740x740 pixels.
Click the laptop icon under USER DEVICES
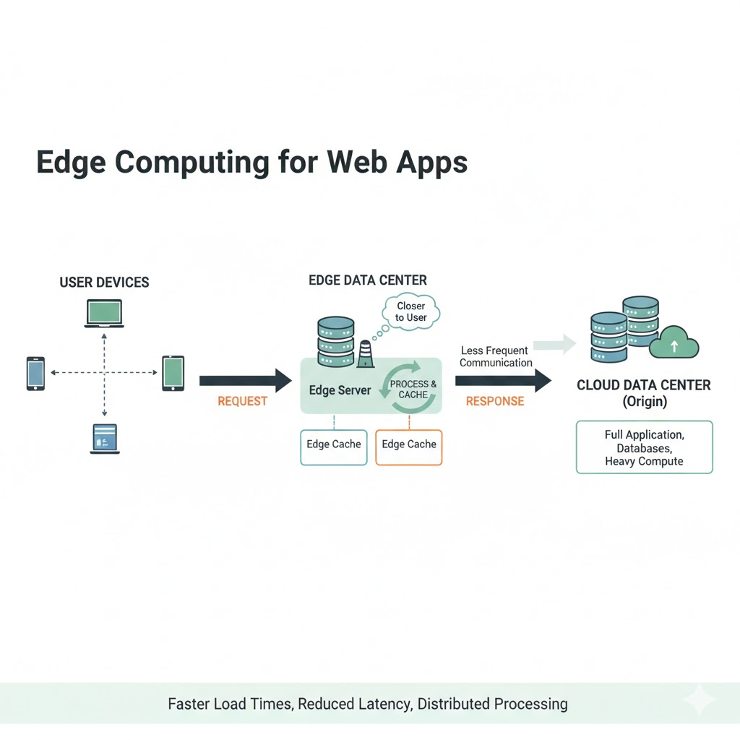click(x=104, y=313)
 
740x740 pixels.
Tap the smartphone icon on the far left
click(x=35, y=373)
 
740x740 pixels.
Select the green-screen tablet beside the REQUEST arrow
click(x=173, y=373)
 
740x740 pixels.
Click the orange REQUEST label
click(x=242, y=401)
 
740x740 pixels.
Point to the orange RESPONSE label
click(x=494, y=401)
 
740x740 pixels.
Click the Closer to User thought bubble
click(x=410, y=312)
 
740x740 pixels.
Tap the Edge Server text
click(x=340, y=390)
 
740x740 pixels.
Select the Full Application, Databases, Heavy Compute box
click(x=644, y=447)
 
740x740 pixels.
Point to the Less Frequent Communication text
click(x=496, y=357)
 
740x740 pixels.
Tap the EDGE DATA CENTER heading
click(x=368, y=280)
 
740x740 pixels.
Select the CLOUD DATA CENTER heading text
click(x=643, y=385)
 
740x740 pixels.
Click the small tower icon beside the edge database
click(x=366, y=354)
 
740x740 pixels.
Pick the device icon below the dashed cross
click(x=104, y=439)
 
